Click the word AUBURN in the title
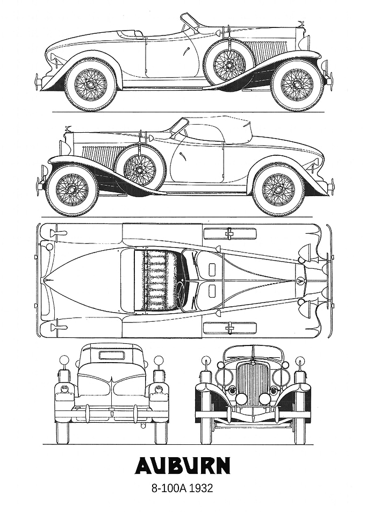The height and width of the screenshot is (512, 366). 183,466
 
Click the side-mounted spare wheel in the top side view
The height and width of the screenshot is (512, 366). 229,63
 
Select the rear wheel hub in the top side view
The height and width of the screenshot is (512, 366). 90,84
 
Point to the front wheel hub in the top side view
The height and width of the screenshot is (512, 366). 297,84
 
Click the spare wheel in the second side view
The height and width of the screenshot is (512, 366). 140,169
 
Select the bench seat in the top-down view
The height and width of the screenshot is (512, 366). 156,279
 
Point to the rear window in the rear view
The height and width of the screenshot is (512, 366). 112,355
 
